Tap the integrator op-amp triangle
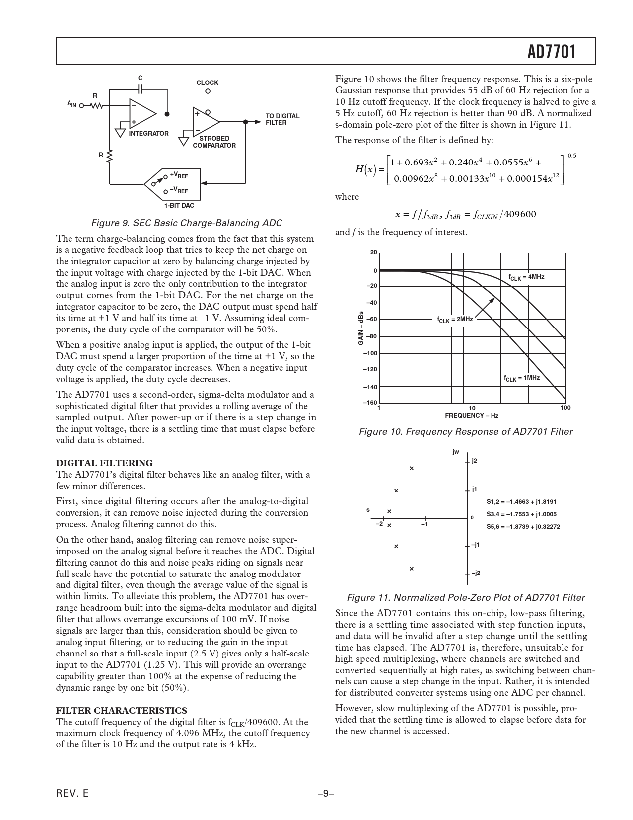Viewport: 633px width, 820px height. tap(142, 114)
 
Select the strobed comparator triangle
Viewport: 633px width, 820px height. tap(206, 122)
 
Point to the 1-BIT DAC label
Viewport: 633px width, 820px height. tap(179, 205)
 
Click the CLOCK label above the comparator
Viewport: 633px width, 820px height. tap(208, 83)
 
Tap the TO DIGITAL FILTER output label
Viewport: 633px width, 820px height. tap(282, 119)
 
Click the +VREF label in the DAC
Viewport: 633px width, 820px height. tap(179, 175)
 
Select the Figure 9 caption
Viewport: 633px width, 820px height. tap(186, 223)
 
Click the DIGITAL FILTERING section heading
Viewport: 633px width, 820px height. tap(104, 463)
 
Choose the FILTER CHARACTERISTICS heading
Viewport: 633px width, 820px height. tap(122, 710)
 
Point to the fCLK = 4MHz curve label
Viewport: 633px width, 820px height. tap(527, 277)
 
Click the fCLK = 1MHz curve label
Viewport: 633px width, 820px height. tap(522, 378)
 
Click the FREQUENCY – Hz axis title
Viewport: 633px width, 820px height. tap(472, 415)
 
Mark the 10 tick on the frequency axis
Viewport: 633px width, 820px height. tap(472, 408)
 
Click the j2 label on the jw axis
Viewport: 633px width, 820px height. tap(474, 461)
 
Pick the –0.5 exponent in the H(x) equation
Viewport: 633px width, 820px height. tap(571, 156)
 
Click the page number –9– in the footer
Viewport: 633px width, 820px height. tap(326, 794)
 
